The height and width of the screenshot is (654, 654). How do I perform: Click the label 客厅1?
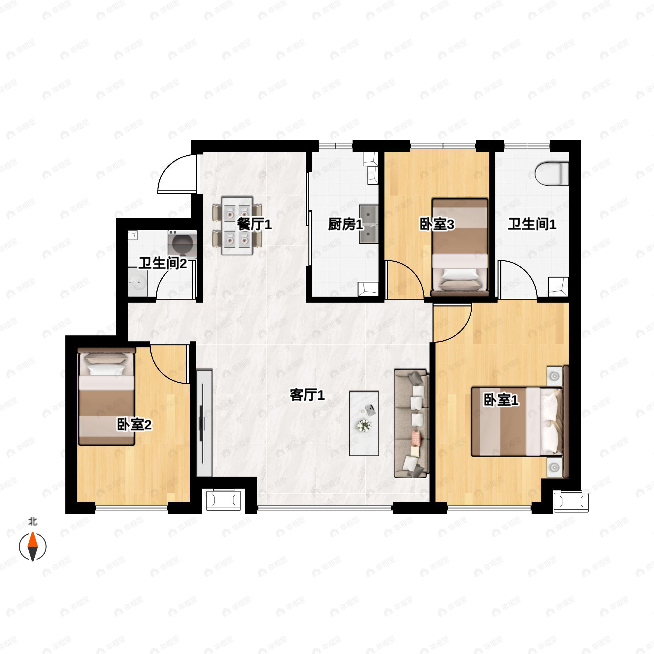307,395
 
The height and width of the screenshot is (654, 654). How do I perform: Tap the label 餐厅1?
254,224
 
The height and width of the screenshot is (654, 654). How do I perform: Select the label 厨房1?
345,224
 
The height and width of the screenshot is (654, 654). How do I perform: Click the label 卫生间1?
532,224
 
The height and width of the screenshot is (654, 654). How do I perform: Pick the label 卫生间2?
163,263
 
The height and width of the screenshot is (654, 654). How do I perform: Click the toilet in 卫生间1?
552,174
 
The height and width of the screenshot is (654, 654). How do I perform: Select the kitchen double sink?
369,224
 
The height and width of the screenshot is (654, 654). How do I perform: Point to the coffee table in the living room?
364,423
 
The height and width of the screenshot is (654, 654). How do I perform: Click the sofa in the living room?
411,423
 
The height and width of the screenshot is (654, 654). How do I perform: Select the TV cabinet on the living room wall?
204,423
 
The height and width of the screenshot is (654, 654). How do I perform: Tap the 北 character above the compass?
32,522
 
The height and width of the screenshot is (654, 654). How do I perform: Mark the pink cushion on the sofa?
416,438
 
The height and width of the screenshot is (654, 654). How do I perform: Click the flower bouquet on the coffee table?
364,425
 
